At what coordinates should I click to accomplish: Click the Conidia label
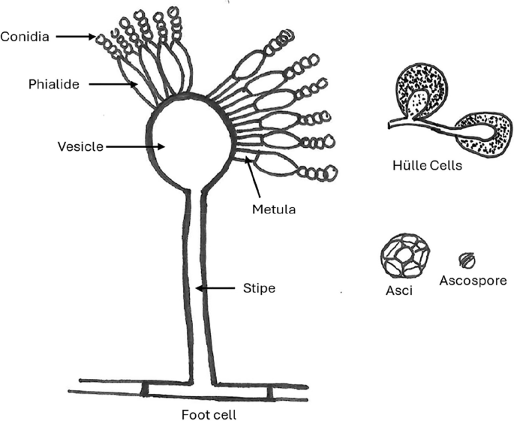tap(25, 35)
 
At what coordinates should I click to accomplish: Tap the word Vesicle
tap(80, 146)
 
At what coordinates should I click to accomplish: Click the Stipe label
tap(259, 287)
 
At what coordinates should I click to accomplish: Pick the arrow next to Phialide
tap(113, 85)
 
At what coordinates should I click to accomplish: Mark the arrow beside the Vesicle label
tap(128, 146)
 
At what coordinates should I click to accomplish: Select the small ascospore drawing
tap(467, 260)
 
